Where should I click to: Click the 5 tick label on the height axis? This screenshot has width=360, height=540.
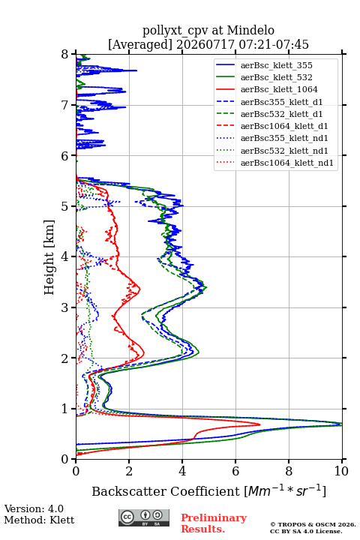pyautogui.click(x=65, y=206)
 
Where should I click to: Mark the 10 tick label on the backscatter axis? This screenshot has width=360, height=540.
pyautogui.click(x=341, y=471)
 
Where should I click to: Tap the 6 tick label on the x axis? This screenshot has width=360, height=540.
pyautogui.click(x=235, y=471)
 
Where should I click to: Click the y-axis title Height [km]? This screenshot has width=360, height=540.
pyautogui.click(x=49, y=257)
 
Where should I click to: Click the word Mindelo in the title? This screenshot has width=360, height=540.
pyautogui.click(x=250, y=30)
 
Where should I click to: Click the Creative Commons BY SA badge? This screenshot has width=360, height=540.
pyautogui.click(x=144, y=518)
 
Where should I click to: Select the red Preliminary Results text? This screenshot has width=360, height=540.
pyautogui.click(x=214, y=523)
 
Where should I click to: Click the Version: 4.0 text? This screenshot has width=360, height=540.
pyautogui.click(x=34, y=508)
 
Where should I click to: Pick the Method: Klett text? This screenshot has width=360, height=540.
pyautogui.click(x=39, y=520)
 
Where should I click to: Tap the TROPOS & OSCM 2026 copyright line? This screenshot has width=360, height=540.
pyautogui.click(x=313, y=524)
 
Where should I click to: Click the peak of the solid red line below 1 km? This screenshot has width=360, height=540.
pyautogui.click(x=260, y=424)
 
